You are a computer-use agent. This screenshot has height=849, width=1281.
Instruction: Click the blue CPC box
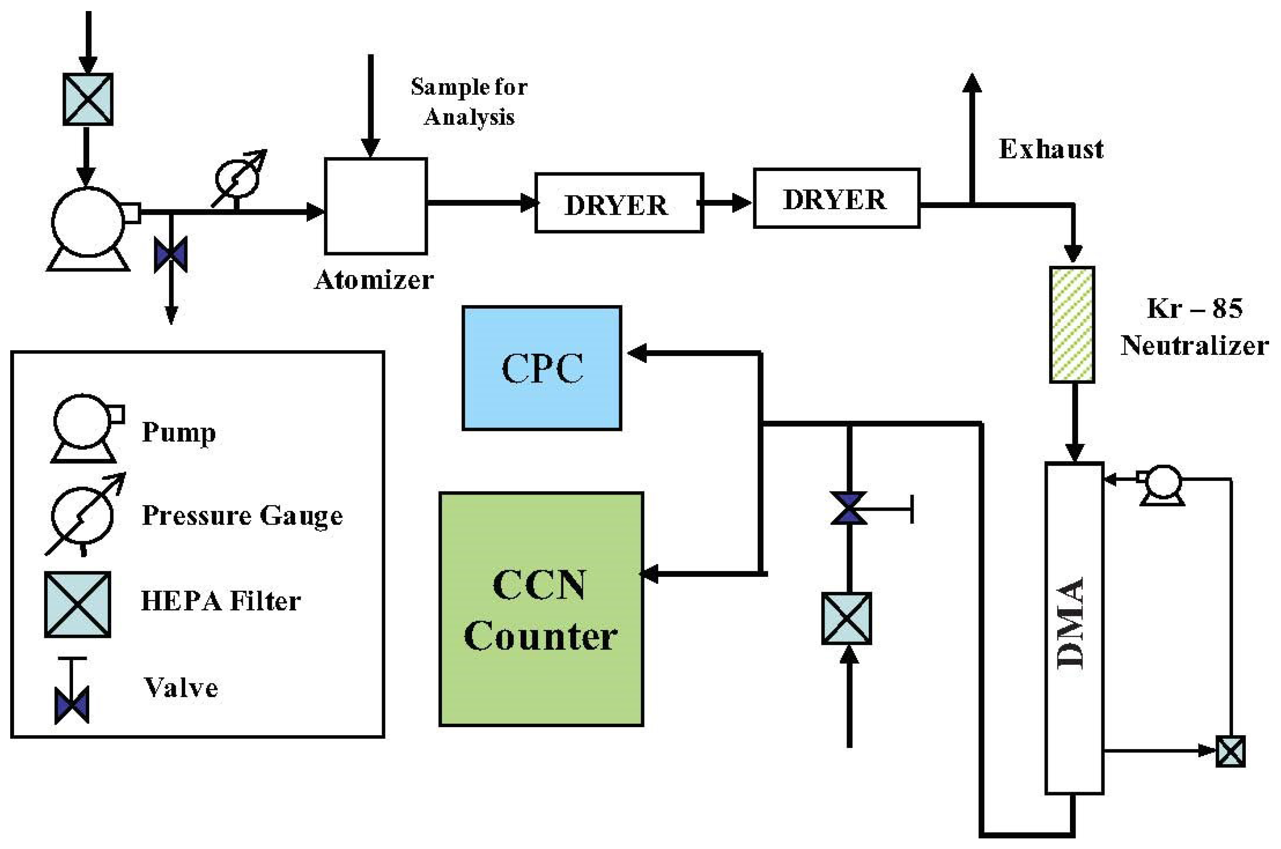[541, 368]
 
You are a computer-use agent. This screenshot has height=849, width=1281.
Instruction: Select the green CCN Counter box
[541, 609]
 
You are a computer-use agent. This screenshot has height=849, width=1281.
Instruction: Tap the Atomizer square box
[376, 206]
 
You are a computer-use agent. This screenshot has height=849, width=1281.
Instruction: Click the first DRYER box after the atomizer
[619, 203]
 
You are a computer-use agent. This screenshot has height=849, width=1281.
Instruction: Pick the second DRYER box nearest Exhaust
[836, 198]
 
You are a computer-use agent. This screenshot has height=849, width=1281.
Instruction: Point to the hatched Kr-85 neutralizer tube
[1072, 325]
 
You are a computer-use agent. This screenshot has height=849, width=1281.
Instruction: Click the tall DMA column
[1074, 628]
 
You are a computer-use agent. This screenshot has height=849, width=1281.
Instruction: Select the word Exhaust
[1050, 149]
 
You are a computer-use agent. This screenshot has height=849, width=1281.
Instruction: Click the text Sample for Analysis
[469, 102]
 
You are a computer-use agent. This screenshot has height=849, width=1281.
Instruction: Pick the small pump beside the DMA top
[1161, 484]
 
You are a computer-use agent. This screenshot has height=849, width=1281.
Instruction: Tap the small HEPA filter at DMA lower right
[1230, 751]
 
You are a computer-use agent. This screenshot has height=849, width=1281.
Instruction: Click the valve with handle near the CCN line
[849, 509]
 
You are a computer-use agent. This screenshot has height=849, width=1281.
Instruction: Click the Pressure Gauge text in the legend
[242, 515]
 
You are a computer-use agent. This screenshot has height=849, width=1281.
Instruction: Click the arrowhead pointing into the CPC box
[637, 353]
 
